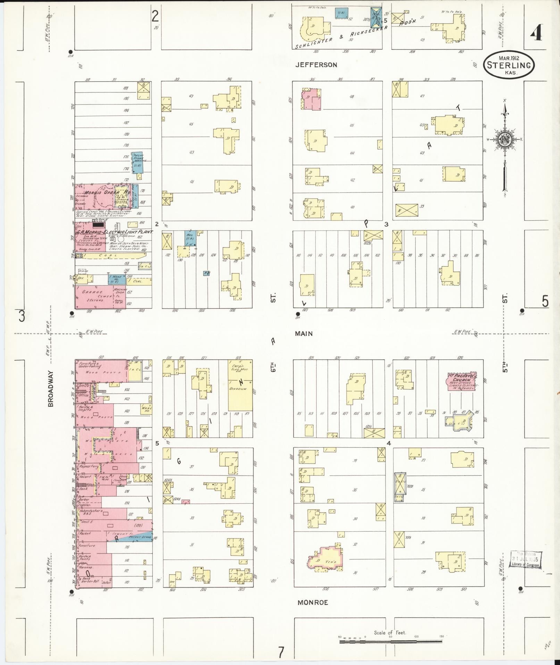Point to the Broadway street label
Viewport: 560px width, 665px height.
pos(51,389)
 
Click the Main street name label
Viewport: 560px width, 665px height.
pos(304,333)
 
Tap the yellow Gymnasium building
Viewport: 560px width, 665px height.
pos(240,386)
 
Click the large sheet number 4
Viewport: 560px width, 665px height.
pos(536,34)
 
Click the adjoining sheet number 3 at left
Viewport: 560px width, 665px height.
pos(22,316)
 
